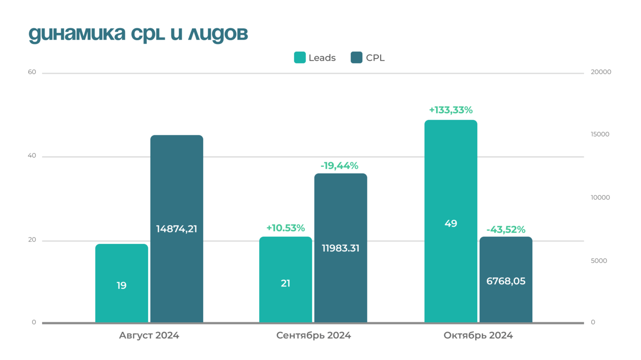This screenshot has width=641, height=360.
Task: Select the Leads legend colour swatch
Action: pos(299,58)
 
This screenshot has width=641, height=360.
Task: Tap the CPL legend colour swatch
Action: pos(356,58)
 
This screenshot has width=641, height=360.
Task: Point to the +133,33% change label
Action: pos(451,110)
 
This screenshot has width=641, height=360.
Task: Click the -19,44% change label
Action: pos(339,166)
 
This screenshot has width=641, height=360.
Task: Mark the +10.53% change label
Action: pos(286,228)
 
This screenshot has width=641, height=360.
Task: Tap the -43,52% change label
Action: pos(506,229)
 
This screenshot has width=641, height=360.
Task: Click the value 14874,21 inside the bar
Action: pos(177,229)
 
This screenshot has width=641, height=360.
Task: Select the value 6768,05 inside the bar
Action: pos(506,281)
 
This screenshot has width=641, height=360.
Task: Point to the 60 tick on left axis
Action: pos(32,72)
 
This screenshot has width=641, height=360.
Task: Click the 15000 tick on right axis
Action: pos(600,134)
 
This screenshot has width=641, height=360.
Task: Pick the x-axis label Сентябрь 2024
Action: pos(313,336)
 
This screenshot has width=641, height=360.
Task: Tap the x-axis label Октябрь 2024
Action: pos(478,336)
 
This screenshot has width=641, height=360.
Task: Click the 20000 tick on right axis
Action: pos(601,72)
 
